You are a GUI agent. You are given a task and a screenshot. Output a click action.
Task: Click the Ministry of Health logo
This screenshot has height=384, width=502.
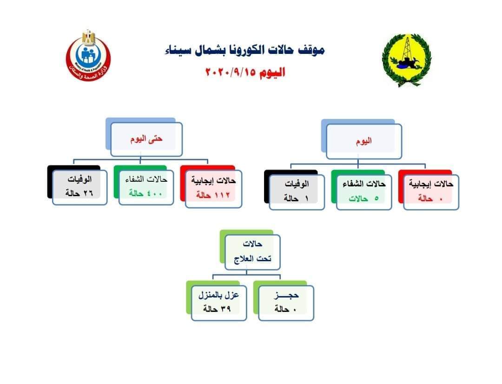tap(88, 55)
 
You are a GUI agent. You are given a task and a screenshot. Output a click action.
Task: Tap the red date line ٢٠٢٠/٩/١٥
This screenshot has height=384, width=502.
tap(245, 72)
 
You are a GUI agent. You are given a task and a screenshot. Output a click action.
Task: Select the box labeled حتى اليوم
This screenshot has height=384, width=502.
tap(146, 139)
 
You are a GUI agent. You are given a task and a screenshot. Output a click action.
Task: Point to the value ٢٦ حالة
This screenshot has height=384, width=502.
tap(79, 193)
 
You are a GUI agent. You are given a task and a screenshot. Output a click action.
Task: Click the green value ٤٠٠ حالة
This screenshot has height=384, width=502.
tap(145, 193)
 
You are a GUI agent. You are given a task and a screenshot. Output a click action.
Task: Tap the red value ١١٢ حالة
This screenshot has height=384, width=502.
tap(213, 195)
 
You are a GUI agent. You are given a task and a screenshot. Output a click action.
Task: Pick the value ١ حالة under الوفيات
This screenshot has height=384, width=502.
tap(296, 199)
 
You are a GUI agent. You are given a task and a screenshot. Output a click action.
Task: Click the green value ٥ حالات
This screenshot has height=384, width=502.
tap(363, 199)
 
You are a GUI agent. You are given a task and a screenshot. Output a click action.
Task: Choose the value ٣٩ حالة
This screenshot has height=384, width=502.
tap(217, 309)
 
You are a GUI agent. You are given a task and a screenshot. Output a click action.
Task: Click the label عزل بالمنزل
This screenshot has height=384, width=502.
tap(218, 295)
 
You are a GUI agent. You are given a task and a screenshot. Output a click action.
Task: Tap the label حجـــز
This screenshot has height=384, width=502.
tap(286, 295)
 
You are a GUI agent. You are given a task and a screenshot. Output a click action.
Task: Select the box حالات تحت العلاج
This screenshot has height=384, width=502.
tap(252, 252)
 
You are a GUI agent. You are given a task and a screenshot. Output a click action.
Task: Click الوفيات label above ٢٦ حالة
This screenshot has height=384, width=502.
tap(79, 179)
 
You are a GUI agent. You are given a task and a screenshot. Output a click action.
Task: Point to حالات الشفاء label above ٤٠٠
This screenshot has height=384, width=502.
tap(146, 179)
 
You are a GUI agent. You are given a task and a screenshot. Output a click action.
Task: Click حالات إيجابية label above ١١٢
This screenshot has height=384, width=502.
tap(213, 181)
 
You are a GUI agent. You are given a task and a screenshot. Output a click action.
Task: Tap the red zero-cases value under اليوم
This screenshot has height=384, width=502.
tap(430, 199)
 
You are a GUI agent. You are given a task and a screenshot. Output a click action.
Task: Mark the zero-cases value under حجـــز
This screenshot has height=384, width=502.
tap(285, 309)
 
